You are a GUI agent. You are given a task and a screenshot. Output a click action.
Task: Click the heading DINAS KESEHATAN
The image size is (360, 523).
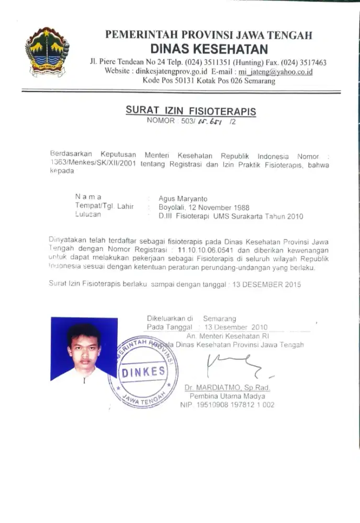209,50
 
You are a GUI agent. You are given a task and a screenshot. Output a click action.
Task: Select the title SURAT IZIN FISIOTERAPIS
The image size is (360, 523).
190,111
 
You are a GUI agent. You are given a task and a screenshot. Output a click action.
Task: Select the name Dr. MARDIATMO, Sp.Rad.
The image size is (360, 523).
227,388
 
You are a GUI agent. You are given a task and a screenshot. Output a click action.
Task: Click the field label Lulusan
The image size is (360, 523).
88,215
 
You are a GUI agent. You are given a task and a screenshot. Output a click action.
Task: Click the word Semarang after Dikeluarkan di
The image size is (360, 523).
219,318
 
